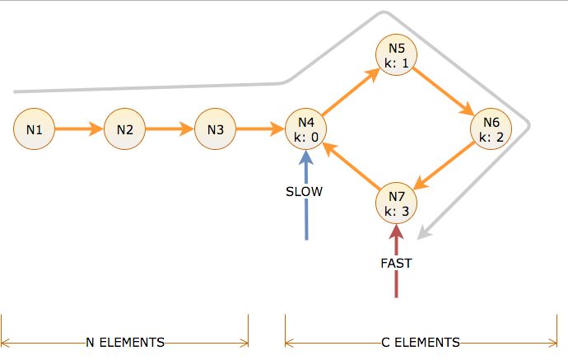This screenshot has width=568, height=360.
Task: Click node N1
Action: pyautogui.click(x=35, y=129)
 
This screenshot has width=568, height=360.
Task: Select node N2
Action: pyautogui.click(x=125, y=129)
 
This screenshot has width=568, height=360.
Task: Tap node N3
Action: pyautogui.click(x=216, y=129)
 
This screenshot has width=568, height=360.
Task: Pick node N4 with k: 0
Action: pyautogui.click(x=305, y=130)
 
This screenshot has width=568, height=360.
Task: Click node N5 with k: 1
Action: pyautogui.click(x=397, y=54)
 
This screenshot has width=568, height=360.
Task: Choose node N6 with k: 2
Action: pyautogui.click(x=491, y=130)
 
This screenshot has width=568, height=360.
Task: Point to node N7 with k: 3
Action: pyautogui.click(x=397, y=203)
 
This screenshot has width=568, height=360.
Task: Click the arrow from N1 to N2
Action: pyautogui.click(x=80, y=129)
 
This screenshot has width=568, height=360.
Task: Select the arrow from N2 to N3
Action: pyautogui.click(x=170, y=129)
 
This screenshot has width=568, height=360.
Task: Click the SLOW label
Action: pyautogui.click(x=305, y=192)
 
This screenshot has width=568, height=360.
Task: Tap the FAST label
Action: pyautogui.click(x=396, y=264)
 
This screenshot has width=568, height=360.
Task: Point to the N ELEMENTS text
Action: pyautogui.click(x=125, y=342)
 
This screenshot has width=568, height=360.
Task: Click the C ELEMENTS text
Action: pyautogui.click(x=420, y=342)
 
